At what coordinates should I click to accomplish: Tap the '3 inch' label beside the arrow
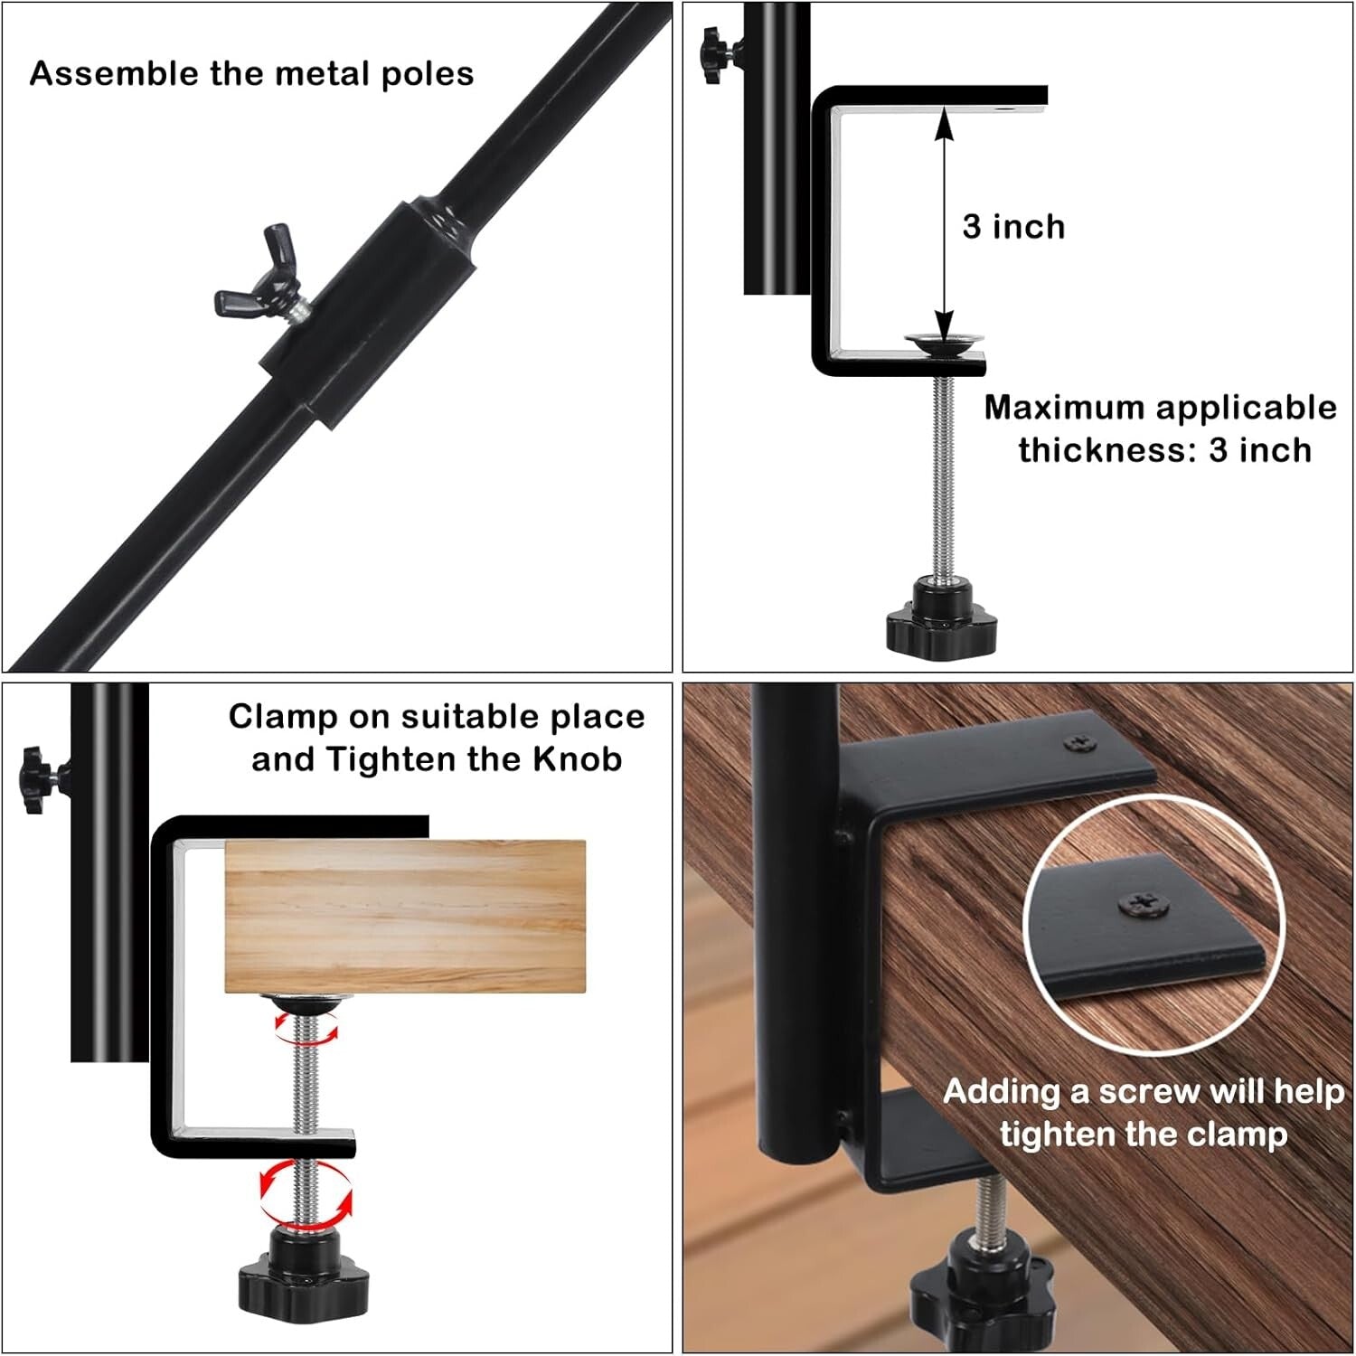pyautogui.click(x=1013, y=227)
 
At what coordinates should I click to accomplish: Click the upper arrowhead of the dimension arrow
pyautogui.click(x=944, y=121)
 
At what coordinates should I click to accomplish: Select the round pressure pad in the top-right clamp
pyautogui.click(x=945, y=340)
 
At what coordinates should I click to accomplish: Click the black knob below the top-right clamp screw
pyautogui.click(x=941, y=619)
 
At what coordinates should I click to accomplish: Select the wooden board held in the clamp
pyautogui.click(x=404, y=916)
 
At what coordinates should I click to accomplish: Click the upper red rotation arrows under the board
pyautogui.click(x=307, y=1029)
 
